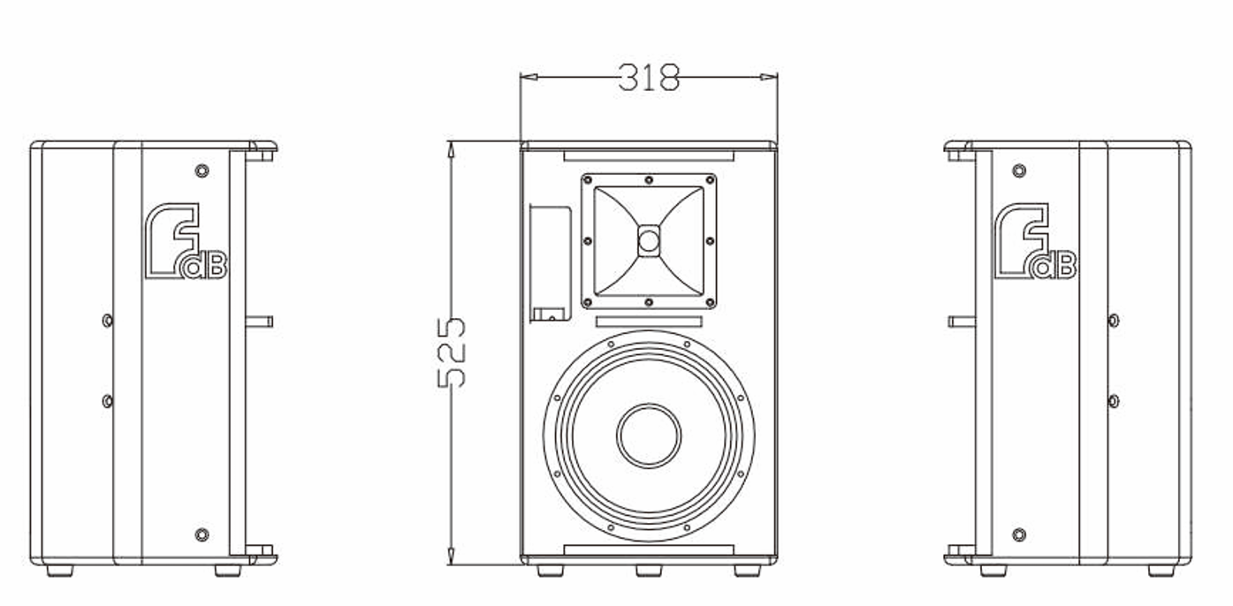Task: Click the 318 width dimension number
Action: [649, 78]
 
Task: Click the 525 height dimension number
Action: [453, 352]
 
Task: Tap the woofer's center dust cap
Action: [649, 436]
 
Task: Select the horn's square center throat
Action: [649, 240]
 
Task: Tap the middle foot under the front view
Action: [649, 571]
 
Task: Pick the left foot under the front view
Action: [550, 571]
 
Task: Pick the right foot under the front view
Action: [748, 571]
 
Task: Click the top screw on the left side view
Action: [202, 170]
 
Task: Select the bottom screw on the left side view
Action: [202, 534]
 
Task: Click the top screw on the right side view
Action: [1019, 170]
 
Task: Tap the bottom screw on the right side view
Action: [1019, 534]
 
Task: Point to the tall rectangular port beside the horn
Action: [550, 263]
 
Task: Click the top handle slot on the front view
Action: [649, 155]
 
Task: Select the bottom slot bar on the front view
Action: [649, 550]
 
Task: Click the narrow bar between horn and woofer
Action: [649, 322]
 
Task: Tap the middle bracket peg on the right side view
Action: [962, 322]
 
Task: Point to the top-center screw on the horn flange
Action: [649, 180]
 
